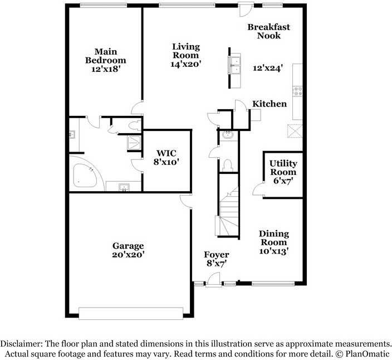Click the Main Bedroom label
[x=105, y=56]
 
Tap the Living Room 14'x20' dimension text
[x=186, y=64]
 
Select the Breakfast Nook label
[x=269, y=31]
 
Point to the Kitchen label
[x=269, y=104]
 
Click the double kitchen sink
[x=234, y=65]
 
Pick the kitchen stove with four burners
[x=298, y=91]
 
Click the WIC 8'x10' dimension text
[x=166, y=162]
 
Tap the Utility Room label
[x=283, y=168]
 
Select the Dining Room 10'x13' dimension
[x=274, y=251]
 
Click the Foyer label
[x=217, y=255]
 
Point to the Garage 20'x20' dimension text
[x=128, y=255]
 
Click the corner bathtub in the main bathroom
[x=85, y=175]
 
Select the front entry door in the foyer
[x=213, y=280]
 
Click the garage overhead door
[x=131, y=313]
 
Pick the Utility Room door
[x=258, y=189]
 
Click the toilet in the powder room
[x=228, y=166]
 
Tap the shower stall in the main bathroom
[x=134, y=143]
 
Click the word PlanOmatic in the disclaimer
[x=367, y=354]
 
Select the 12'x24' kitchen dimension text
[x=268, y=68]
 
